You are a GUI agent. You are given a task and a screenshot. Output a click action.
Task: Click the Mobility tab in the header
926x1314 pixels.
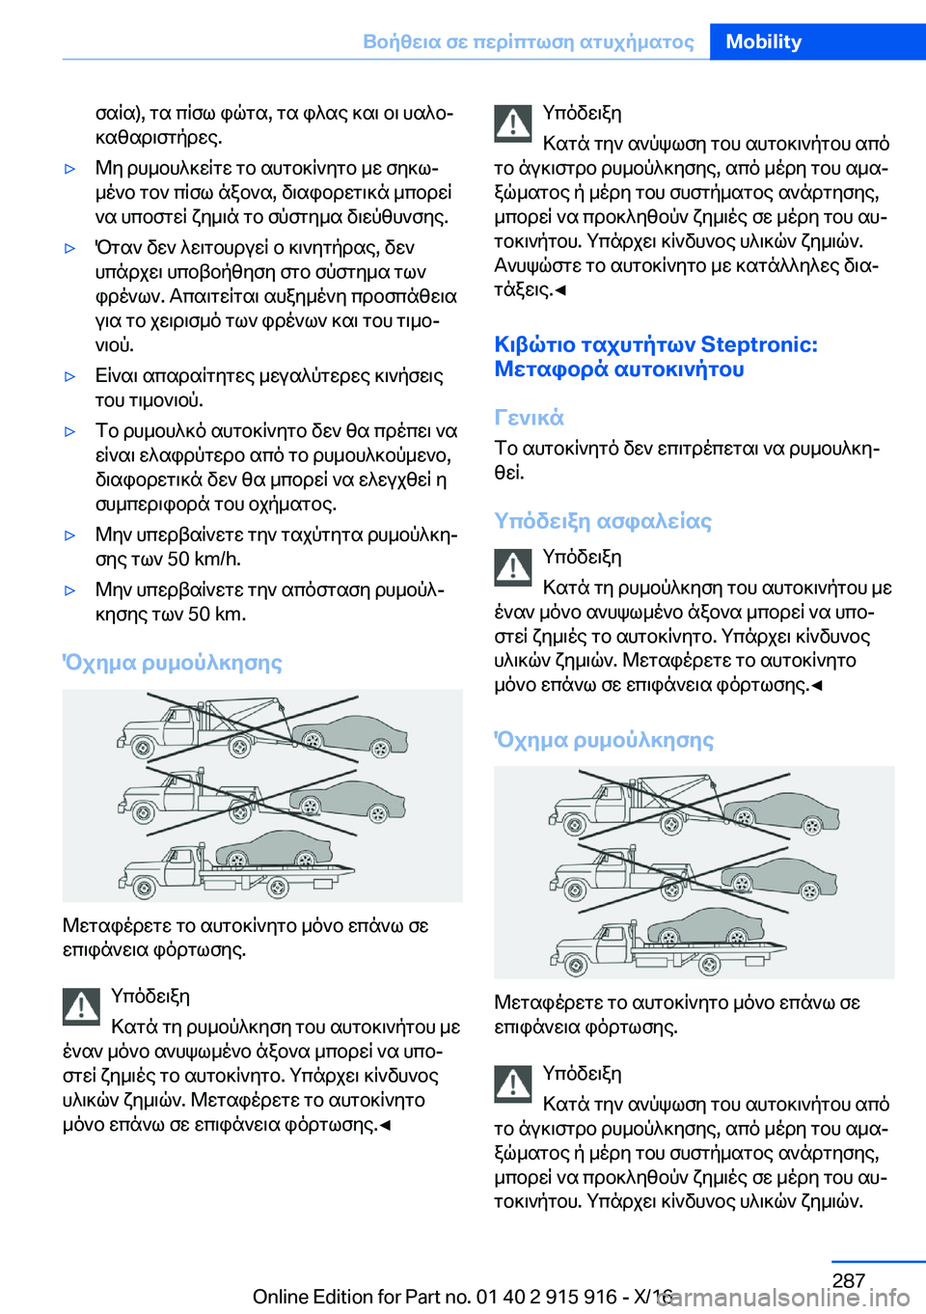(x=763, y=41)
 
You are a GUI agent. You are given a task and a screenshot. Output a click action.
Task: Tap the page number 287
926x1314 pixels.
(x=848, y=1280)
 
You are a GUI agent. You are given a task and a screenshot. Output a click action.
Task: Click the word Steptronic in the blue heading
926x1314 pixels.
(x=759, y=344)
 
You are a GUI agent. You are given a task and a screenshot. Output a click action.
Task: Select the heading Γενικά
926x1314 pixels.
(x=529, y=418)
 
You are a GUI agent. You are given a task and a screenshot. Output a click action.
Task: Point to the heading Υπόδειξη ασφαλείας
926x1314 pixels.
(x=603, y=521)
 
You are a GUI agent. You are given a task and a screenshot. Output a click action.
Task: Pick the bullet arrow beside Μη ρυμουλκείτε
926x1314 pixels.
(x=69, y=169)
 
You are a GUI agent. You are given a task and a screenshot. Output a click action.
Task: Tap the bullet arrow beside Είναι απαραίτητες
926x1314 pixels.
(x=69, y=376)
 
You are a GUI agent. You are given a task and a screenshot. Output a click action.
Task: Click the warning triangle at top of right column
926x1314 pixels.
(x=513, y=123)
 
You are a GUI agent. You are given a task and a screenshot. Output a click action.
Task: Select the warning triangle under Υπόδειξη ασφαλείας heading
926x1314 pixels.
(x=513, y=566)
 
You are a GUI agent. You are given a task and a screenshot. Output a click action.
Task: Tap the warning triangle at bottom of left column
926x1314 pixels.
(x=82, y=1006)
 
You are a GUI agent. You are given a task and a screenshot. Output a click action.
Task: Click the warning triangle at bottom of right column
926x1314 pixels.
(x=513, y=1083)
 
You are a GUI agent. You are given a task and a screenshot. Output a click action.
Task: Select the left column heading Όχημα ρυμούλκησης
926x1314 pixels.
(x=172, y=663)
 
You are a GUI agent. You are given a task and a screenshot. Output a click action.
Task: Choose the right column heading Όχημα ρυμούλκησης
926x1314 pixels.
(x=604, y=740)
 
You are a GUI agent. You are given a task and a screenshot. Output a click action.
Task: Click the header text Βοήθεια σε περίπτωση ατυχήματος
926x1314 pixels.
(x=528, y=41)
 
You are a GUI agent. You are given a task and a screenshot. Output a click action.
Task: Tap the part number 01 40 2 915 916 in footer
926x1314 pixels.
(x=546, y=1297)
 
